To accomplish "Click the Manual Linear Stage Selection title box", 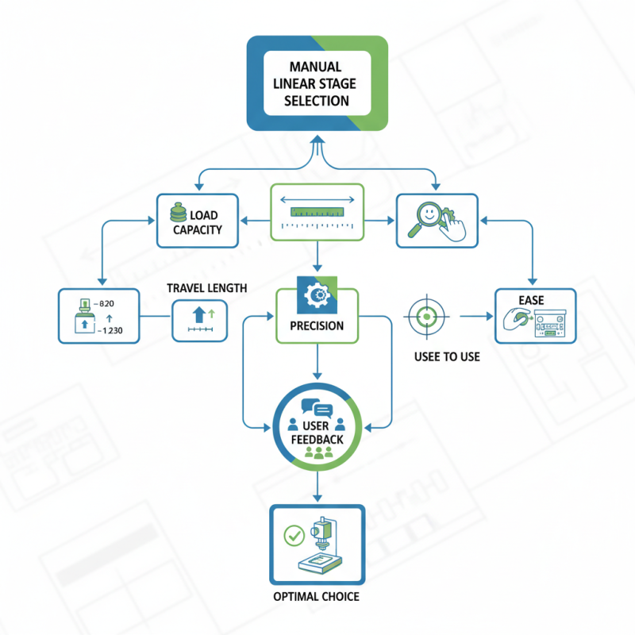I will pos(317,83).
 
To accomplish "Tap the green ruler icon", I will pos(317,211).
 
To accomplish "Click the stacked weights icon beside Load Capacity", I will pos(179,215).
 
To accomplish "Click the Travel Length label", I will pos(207,287).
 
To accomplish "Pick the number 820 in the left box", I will pos(106,303).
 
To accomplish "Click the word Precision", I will pos(317,325).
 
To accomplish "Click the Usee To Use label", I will pos(447,357).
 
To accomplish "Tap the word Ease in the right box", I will pos(531,300).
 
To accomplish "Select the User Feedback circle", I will pos(317,429).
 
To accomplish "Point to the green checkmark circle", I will pos(293,536).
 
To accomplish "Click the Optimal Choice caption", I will pos(317,596).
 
